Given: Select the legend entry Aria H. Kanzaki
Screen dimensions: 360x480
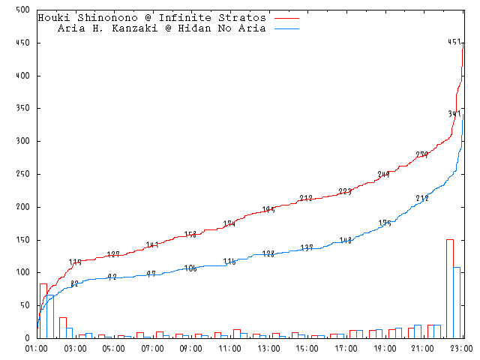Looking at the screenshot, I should (161, 28).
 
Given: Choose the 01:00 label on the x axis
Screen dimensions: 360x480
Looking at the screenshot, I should (37, 349).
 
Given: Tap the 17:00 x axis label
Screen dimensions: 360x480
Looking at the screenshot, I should (346, 349).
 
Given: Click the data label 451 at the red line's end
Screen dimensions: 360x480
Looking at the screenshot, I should (454, 43).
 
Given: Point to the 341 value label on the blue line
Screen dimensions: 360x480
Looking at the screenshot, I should (454, 114).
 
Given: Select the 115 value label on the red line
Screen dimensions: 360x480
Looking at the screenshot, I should (75, 262).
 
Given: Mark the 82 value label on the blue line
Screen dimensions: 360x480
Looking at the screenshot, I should (74, 283).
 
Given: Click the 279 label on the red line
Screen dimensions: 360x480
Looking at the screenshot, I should (422, 155).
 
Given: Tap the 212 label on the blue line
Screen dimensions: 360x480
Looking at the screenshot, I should (422, 199).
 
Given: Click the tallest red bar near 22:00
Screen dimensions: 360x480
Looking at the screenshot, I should (449, 288).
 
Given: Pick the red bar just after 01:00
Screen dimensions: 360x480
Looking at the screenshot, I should (43, 310).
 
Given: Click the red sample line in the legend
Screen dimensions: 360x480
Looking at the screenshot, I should (287, 17).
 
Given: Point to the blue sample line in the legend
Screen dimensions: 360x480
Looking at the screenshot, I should (287, 28).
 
